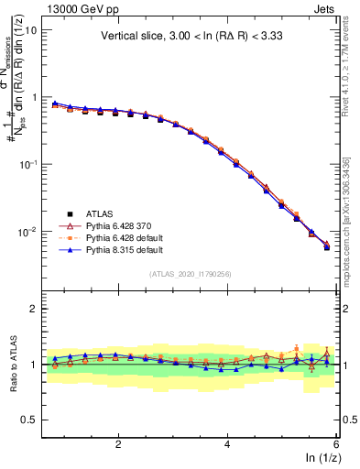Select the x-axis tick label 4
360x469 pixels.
point(227,443)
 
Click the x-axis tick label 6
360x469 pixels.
point(336,443)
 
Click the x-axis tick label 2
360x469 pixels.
point(118,443)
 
